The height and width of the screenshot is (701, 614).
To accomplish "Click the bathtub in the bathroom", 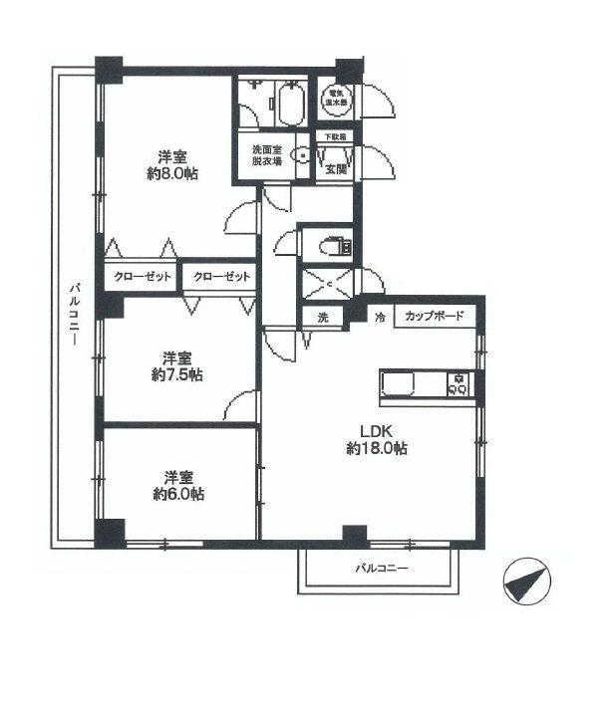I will coord(292,105).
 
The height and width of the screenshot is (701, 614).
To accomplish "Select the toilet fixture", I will coord(330,244).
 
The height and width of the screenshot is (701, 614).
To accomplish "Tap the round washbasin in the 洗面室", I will coord(303,155).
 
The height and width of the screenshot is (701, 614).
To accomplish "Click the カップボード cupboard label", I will coord(434,317).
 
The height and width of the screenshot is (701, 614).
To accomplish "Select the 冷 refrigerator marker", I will coord(379,318).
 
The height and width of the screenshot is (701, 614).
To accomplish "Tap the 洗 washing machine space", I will coord(322,318).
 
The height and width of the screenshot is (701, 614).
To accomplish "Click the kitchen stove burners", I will coord(459,383).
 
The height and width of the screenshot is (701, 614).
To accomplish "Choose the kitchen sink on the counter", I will coord(403,383).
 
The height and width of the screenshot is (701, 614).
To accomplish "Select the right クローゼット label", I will coord(221,277).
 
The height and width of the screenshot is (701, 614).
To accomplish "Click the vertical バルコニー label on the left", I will coord(75,314).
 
